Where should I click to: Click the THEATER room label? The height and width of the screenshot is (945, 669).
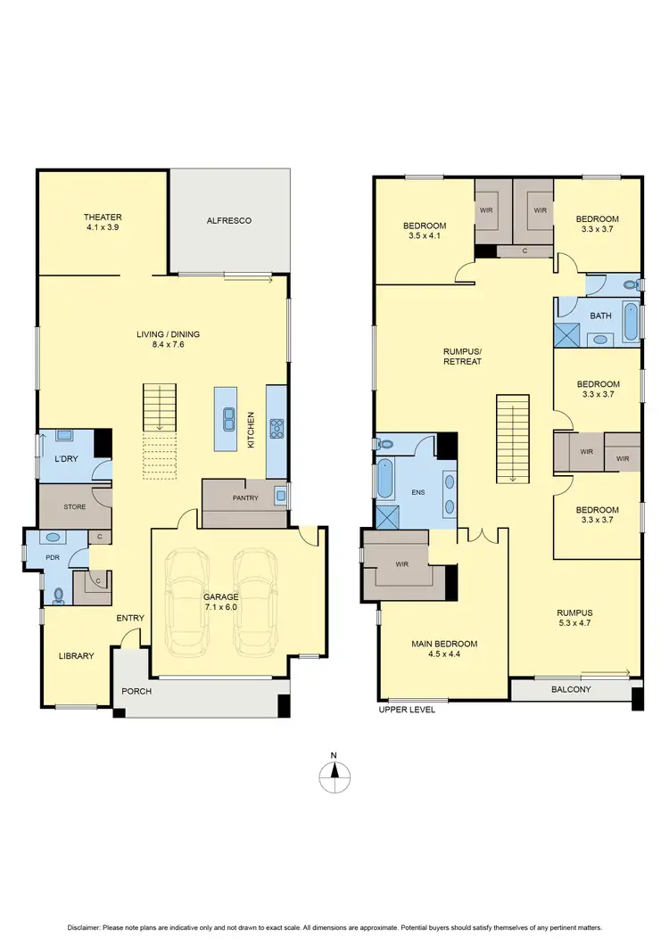coord(103,217)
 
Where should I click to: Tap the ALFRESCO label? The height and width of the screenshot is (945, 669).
coord(229,220)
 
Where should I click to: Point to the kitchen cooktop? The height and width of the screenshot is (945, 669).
coord(277,426)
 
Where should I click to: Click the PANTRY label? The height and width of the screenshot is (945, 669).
coord(244,498)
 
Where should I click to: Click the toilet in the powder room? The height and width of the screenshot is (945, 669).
coord(59,593)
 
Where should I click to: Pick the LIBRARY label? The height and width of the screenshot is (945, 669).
coord(76,656)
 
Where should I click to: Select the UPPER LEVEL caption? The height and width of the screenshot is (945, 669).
coord(407,710)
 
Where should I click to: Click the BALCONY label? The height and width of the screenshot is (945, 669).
coord(570,689)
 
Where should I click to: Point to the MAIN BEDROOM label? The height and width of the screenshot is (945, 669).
coord(443,644)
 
